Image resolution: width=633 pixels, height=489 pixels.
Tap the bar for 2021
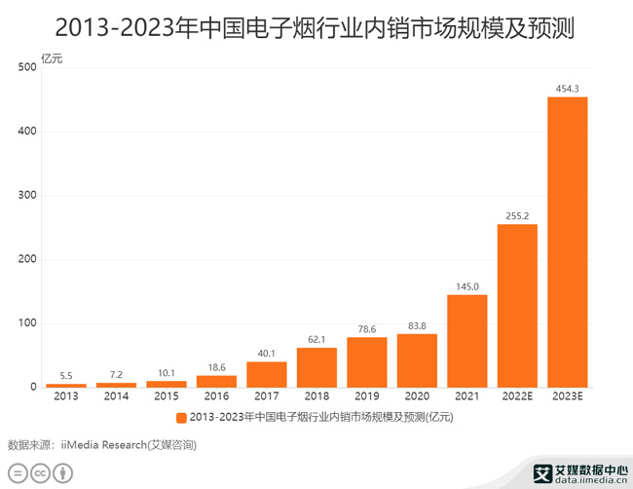(x=467, y=341)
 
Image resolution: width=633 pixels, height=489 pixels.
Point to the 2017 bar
(x=267, y=374)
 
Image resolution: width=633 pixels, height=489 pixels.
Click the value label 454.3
(x=568, y=89)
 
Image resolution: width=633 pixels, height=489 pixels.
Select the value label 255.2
(x=517, y=216)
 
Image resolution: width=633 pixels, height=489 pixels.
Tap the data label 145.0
(x=467, y=286)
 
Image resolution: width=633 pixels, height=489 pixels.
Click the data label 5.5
(x=66, y=376)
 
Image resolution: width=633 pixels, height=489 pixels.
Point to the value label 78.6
(x=367, y=329)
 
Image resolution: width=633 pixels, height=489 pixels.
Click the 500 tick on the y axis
(x=26, y=67)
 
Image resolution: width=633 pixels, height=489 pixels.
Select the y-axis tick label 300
(x=26, y=196)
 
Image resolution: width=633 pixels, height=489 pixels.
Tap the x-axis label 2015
(x=167, y=397)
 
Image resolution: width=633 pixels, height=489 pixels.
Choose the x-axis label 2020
(x=417, y=397)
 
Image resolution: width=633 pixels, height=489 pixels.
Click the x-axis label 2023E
(x=568, y=397)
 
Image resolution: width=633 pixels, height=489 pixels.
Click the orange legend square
(x=181, y=418)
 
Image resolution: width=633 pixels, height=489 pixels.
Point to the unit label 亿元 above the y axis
(x=52, y=57)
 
